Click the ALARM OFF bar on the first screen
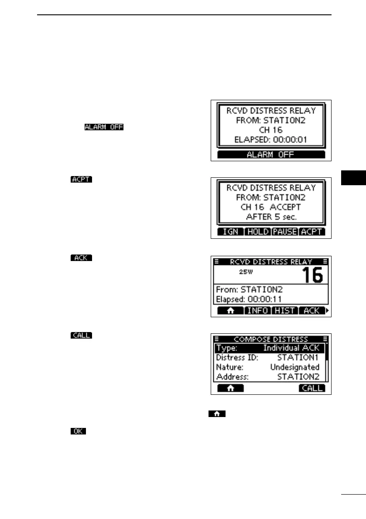[271, 155]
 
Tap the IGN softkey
[230, 232]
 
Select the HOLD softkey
[257, 232]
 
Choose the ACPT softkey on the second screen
[312, 232]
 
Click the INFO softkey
[257, 311]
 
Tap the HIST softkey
[285, 311]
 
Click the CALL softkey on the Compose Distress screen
[312, 388]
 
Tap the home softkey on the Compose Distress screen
[230, 388]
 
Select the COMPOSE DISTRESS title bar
[271, 339]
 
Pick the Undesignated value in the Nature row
[295, 367]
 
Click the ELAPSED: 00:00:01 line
[271, 140]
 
